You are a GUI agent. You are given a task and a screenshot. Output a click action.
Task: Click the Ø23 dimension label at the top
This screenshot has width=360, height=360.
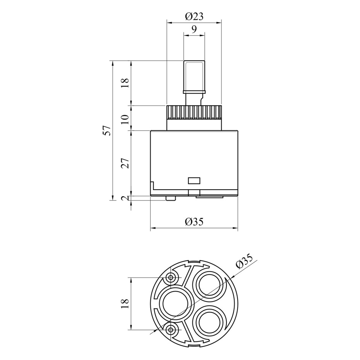click(194, 17)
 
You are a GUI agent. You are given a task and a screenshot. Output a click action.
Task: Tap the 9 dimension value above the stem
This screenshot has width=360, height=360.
click(194, 29)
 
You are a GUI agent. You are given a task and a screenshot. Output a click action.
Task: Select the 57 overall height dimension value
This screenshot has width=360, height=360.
click(108, 130)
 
